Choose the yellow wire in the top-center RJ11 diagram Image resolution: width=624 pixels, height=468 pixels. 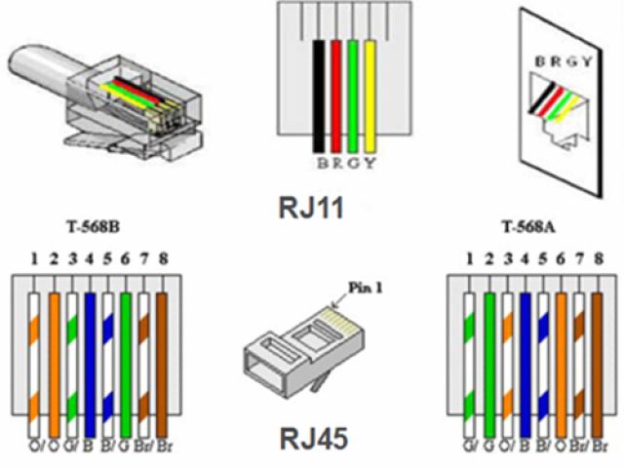(x=369, y=97)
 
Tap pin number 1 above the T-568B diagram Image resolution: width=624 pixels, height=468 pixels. (x=34, y=260)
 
